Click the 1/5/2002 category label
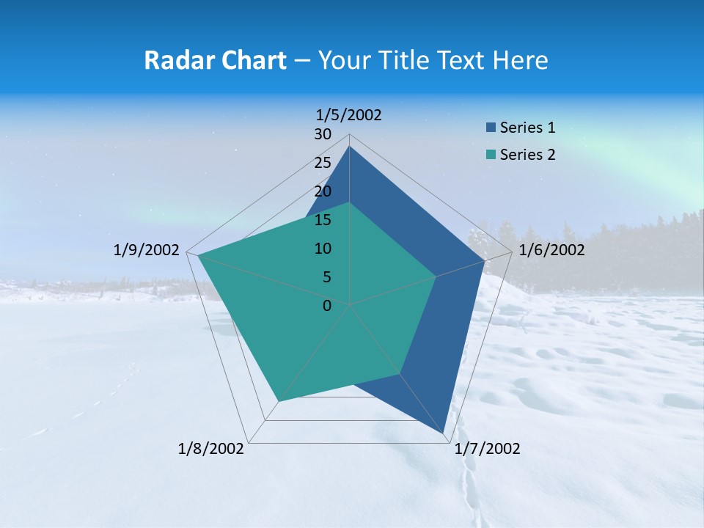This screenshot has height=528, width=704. point(349,115)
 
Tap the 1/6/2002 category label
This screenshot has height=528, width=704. point(551,250)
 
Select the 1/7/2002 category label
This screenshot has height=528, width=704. point(487,449)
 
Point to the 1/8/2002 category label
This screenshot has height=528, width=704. point(211,449)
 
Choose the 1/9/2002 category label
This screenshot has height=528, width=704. point(147,250)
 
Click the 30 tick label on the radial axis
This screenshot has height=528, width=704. point(323,134)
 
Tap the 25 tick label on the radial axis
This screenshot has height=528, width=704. point(323,163)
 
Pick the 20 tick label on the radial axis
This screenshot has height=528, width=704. point(323,191)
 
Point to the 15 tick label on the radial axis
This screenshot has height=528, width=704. point(323,220)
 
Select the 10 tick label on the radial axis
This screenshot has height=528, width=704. point(323,249)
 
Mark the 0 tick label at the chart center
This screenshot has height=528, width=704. point(327,306)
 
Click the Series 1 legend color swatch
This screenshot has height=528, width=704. point(490,128)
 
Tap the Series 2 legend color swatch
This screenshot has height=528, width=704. point(490,155)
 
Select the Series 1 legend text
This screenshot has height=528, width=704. point(527,128)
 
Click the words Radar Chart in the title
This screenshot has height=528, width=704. point(215,60)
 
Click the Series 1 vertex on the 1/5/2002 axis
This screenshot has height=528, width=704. point(350,147)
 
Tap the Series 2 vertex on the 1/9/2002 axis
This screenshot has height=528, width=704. point(198,255)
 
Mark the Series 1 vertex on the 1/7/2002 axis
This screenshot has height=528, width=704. point(444,434)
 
